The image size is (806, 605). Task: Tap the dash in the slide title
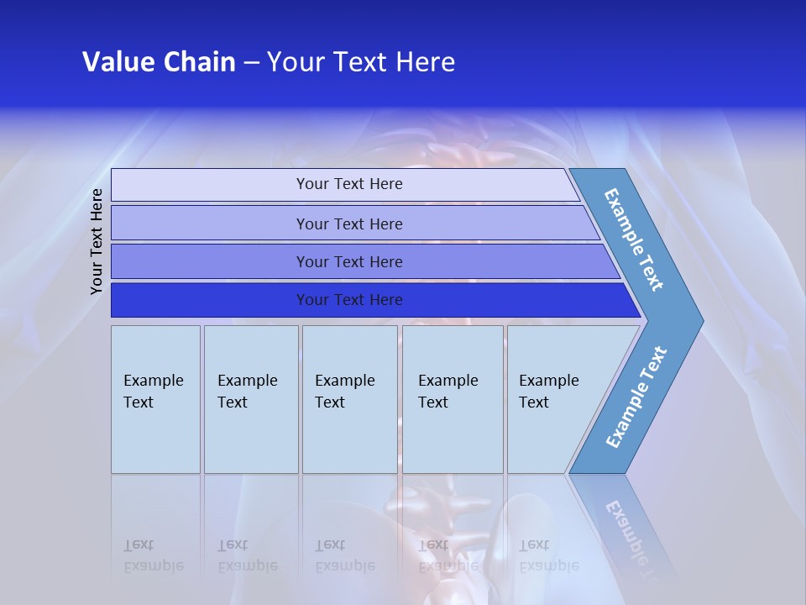coord(251,63)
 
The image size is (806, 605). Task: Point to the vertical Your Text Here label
coord(97,241)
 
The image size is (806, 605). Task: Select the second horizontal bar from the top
coord(349,224)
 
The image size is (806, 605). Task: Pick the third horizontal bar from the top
coord(349,261)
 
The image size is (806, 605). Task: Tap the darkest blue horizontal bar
coord(349,300)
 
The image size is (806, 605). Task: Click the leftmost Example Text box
coord(155,399)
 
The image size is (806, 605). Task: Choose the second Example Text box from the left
coord(250,399)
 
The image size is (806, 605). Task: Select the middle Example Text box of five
coord(349,399)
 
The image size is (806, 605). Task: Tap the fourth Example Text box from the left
coord(453,399)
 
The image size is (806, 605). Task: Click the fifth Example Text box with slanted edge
coord(554,399)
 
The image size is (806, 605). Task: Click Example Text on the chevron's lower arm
coord(636,397)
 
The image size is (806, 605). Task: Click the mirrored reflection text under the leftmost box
coord(153,555)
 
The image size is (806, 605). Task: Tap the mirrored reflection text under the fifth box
coord(548,555)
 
